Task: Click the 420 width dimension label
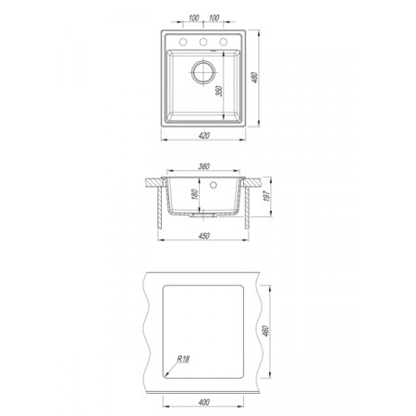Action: [x=203, y=135]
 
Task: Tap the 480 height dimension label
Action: [x=254, y=78]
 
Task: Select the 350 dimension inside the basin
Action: [x=218, y=91]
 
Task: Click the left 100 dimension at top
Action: [x=193, y=18]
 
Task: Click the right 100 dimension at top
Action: [x=214, y=18]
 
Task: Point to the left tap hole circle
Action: [x=183, y=42]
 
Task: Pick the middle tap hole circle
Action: [x=203, y=42]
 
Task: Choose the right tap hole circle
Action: [x=224, y=42]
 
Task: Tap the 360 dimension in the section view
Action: [x=203, y=166]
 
